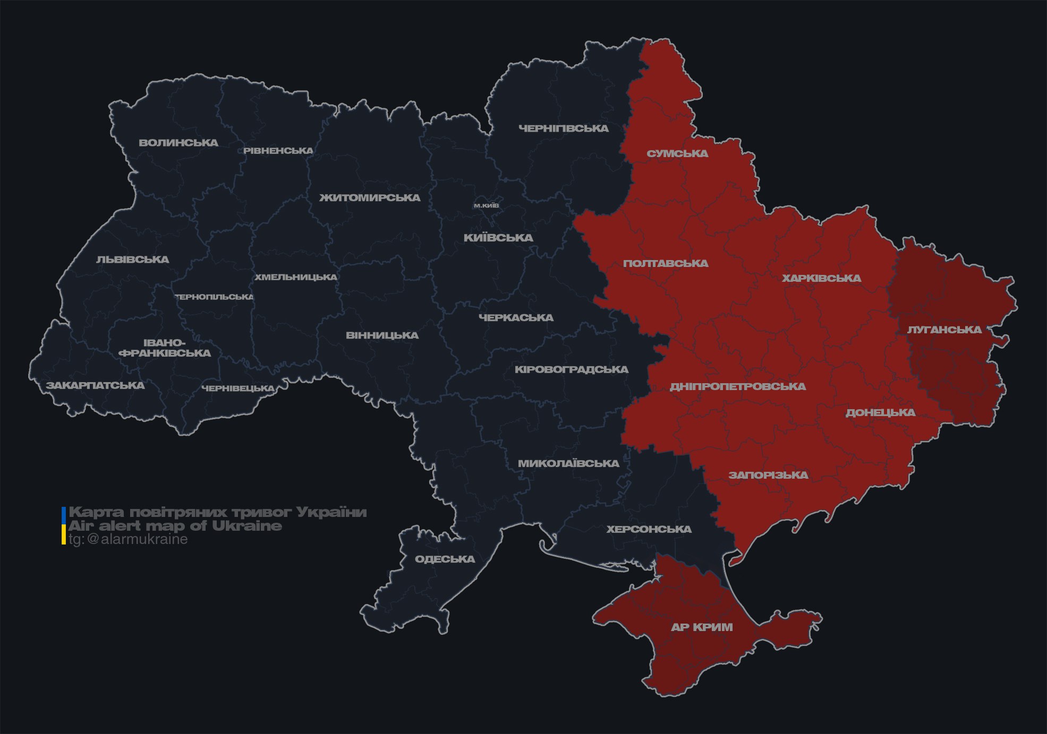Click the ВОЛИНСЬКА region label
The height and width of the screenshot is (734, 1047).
click(x=178, y=143)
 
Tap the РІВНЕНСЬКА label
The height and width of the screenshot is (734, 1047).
click(x=278, y=151)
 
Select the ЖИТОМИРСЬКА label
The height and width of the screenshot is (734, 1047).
click(x=370, y=198)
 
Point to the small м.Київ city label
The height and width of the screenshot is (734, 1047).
click(x=486, y=205)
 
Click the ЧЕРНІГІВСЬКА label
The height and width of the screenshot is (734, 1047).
click(x=564, y=128)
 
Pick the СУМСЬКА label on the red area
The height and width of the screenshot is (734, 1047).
click(x=677, y=154)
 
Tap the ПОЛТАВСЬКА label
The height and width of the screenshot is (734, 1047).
click(x=666, y=264)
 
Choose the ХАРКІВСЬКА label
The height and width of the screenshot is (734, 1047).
click(x=821, y=279)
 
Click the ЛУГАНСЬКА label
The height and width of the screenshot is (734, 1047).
click(x=944, y=330)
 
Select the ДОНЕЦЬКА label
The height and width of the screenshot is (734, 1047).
click(x=880, y=413)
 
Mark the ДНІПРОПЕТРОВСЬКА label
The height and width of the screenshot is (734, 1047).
click(x=737, y=387)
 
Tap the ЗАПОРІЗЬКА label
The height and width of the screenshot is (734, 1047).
click(x=768, y=476)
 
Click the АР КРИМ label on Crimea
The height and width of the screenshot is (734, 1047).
click(x=702, y=627)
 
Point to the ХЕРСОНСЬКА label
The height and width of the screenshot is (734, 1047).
click(x=649, y=530)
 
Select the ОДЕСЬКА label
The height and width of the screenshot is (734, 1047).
click(x=445, y=559)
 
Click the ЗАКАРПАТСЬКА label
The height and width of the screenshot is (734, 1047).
click(x=95, y=386)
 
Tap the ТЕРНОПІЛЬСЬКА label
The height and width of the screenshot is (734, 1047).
click(x=215, y=297)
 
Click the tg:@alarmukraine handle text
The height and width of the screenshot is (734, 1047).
click(x=128, y=540)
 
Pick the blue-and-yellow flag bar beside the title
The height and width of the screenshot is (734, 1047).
click(x=64, y=526)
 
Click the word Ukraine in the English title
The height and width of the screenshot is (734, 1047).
click(x=247, y=526)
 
